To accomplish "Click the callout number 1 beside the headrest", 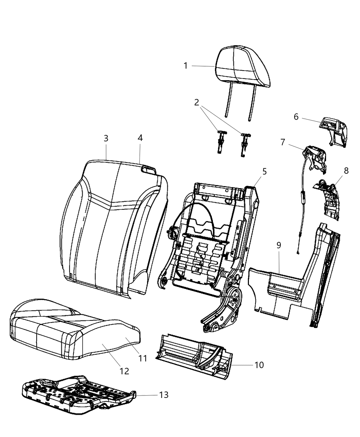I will tap(185, 65).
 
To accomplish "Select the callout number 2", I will tap(196, 102).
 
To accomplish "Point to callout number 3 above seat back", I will tap(106, 138).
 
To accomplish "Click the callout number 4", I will tap(140, 138).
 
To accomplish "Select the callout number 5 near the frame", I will tap(264, 171).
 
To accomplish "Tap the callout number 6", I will tap(296, 117).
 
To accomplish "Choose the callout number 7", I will tap(283, 142).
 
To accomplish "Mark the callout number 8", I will tap(346, 171).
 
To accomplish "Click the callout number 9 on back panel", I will tap(278, 245).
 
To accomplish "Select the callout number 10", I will tap(259, 365).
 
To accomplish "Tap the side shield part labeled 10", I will tap(192, 356).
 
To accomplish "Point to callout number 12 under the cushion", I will tap(124, 371).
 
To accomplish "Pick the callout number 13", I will tap(164, 395).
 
